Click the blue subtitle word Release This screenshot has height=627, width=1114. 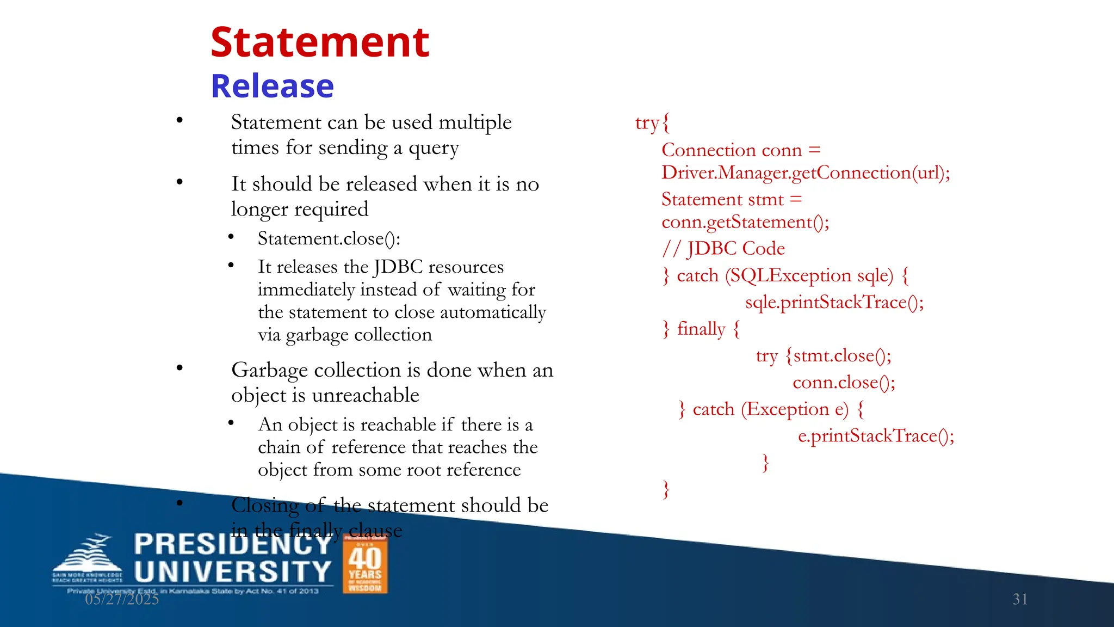click(x=272, y=87)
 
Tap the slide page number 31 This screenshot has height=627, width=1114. click(x=1020, y=599)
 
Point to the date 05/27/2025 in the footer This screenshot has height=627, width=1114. click(x=122, y=599)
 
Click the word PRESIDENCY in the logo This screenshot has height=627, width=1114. click(x=233, y=544)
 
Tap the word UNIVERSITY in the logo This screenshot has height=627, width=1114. click(x=233, y=572)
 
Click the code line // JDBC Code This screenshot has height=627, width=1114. click(x=723, y=249)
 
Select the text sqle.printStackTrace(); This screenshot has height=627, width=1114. click(x=834, y=302)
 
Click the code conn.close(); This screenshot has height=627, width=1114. click(x=844, y=383)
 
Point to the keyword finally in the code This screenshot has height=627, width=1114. click(x=701, y=329)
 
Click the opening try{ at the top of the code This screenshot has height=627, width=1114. click(x=652, y=123)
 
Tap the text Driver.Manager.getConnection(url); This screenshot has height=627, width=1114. click(x=806, y=173)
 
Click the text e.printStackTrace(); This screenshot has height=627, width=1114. click(x=876, y=436)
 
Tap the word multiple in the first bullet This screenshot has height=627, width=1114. click(x=475, y=122)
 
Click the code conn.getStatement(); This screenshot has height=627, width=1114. click(x=745, y=222)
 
